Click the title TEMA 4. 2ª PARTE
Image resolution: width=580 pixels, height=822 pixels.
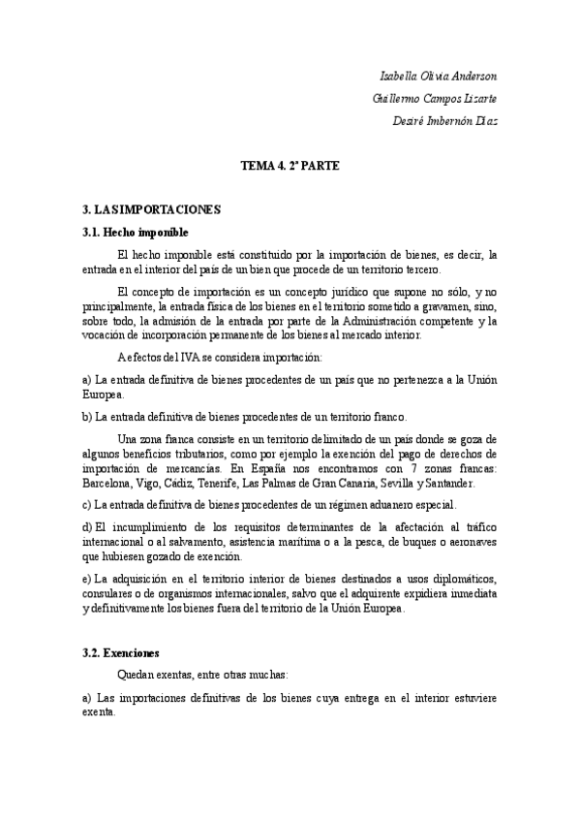pyautogui.click(x=290, y=166)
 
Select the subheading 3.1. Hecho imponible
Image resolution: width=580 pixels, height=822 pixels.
pyautogui.click(x=136, y=232)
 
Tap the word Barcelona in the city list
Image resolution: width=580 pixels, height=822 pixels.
pyautogui.click(x=108, y=482)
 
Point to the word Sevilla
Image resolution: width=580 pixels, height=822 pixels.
pyautogui.click(x=382, y=482)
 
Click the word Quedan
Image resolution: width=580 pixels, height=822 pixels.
pyautogui.click(x=135, y=673)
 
